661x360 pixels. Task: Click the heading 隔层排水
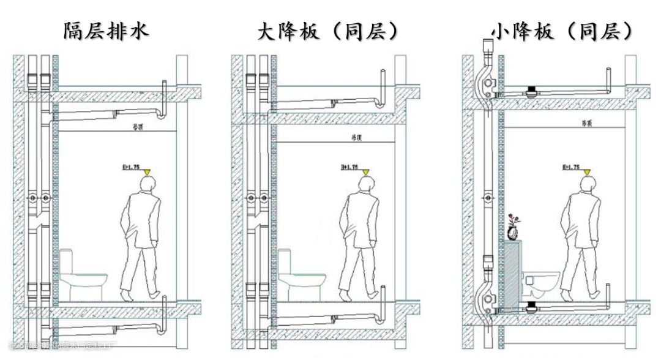[105, 31]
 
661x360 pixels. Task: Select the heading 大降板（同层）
[329, 31]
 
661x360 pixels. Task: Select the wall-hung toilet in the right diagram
[542, 281]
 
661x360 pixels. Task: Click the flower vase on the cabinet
[513, 228]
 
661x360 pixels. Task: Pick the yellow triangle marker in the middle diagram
[365, 173]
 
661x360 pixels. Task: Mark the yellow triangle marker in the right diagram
[586, 173]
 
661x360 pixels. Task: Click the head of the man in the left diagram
[149, 185]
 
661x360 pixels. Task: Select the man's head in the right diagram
[588, 185]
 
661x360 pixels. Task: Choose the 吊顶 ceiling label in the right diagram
[586, 123]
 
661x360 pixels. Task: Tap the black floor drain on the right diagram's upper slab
[531, 92]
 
